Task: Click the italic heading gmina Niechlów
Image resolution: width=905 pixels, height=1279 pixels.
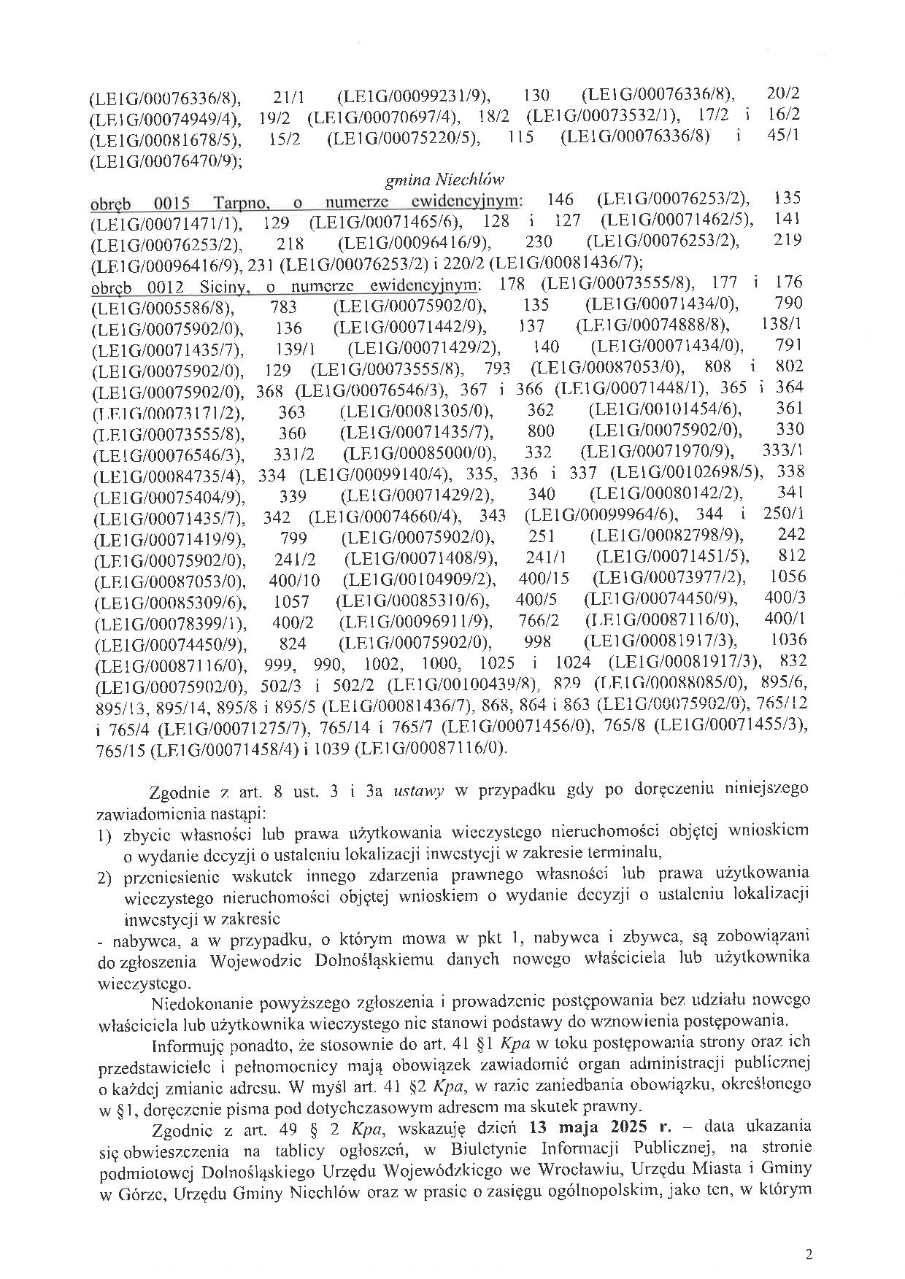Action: pyautogui.click(x=444, y=179)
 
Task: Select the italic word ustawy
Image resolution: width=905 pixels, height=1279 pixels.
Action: pyautogui.click(x=418, y=791)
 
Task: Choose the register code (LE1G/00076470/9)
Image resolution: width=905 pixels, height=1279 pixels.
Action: pyautogui.click(x=166, y=159)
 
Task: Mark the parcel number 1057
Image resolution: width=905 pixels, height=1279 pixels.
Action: pyautogui.click(x=291, y=602)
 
